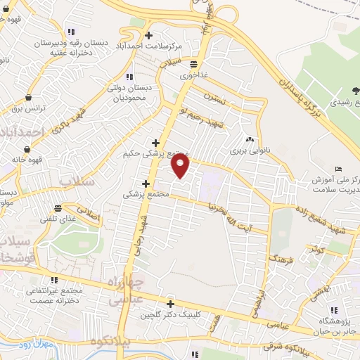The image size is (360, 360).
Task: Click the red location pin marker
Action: [x=181, y=167]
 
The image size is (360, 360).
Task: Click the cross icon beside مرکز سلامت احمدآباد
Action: [x=148, y=35]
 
